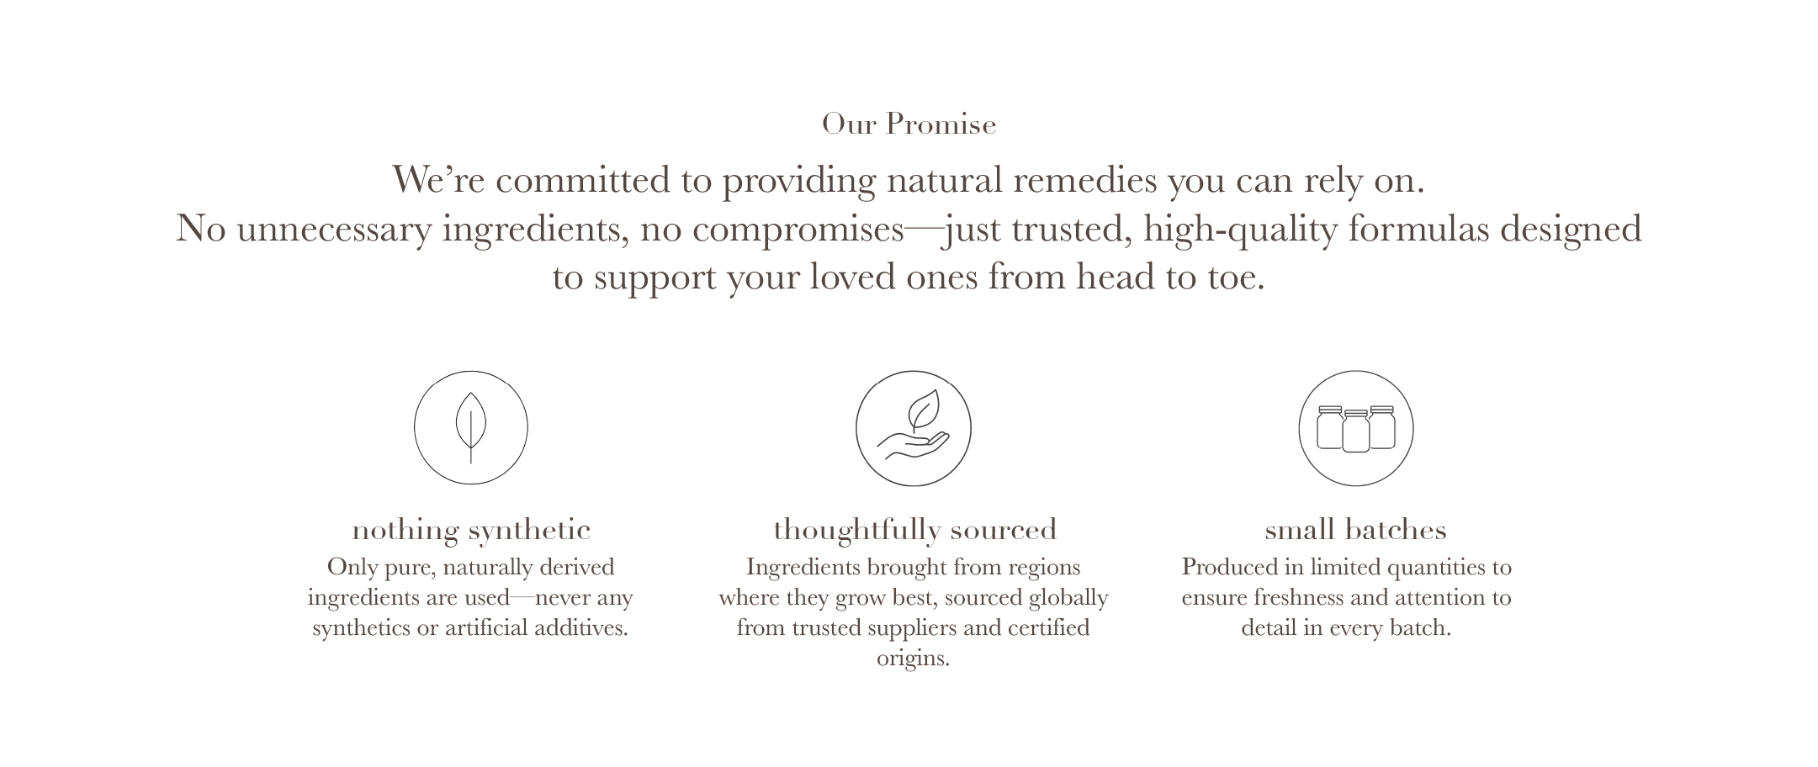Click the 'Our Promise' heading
(909, 124)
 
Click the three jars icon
(1356, 428)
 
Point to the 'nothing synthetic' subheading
(471, 530)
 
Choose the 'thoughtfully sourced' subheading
(915, 530)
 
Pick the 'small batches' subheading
(1356, 530)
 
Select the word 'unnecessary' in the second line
(334, 230)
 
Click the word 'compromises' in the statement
(798, 230)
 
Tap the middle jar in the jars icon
(1356, 431)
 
